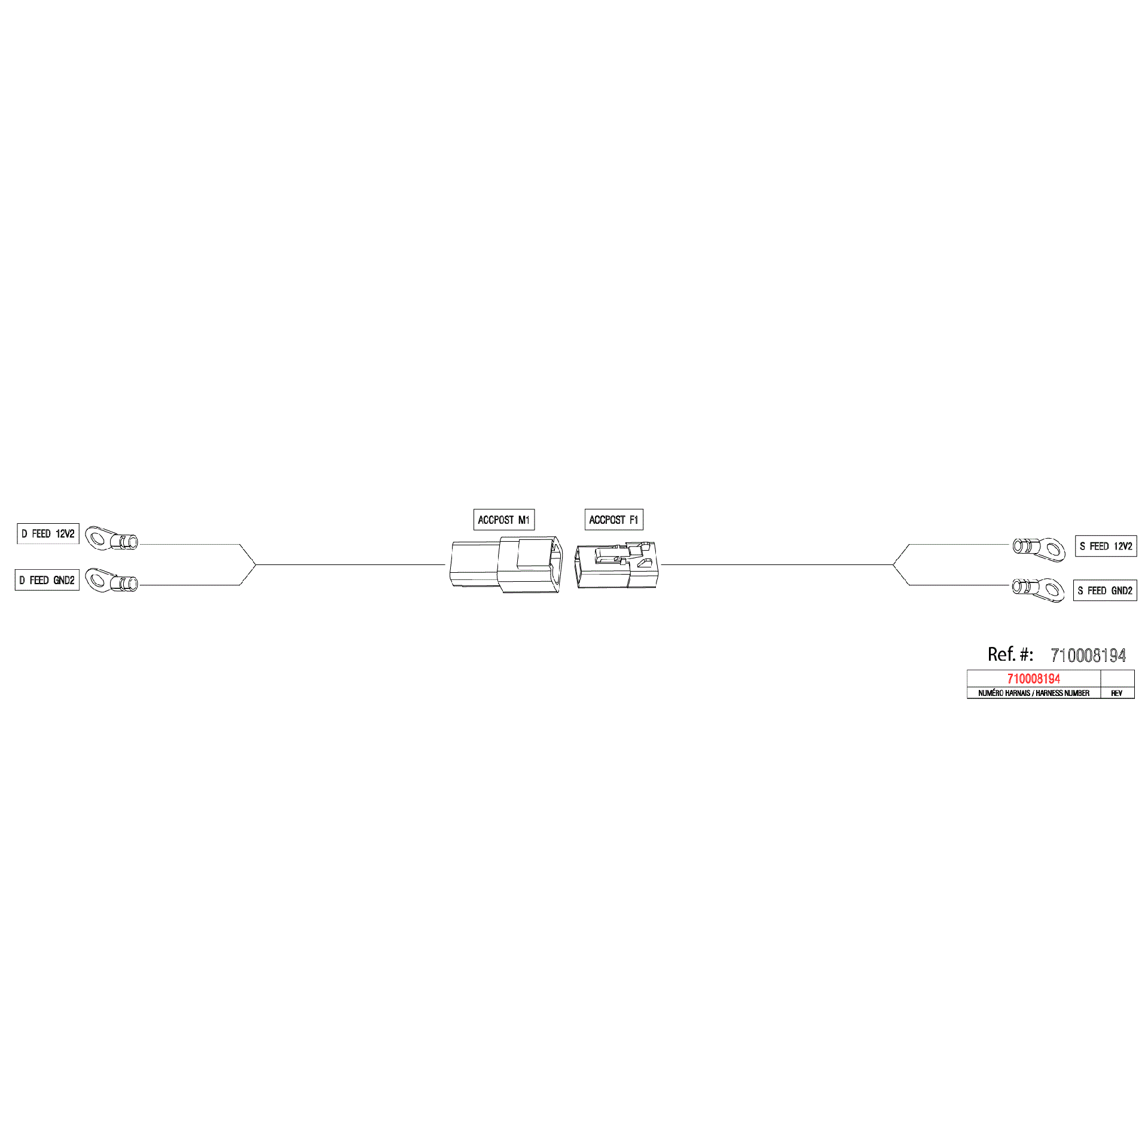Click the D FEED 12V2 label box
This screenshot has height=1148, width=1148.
(x=48, y=533)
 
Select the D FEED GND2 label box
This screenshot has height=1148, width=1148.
(x=47, y=580)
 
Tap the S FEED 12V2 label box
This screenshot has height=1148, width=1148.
(x=1106, y=546)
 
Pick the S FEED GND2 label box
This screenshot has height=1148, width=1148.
(x=1105, y=591)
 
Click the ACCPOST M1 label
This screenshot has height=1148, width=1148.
(x=503, y=520)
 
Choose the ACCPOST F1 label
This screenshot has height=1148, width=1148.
(x=613, y=520)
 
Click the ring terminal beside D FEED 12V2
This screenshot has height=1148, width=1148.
(x=111, y=539)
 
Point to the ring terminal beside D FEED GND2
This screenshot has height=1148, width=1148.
(x=111, y=580)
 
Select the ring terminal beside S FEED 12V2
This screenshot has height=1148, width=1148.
(x=1039, y=549)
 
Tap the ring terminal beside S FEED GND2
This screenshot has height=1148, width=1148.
(x=1038, y=589)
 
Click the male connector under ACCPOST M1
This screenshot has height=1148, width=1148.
(x=506, y=564)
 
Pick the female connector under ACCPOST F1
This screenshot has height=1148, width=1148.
(x=615, y=565)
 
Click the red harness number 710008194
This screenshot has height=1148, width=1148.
(x=1033, y=679)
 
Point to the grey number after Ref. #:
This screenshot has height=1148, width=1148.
(x=1088, y=655)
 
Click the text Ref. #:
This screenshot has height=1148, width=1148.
(x=1010, y=654)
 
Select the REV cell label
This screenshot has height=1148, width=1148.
(x=1116, y=694)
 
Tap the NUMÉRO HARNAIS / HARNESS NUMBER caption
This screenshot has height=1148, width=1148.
(x=1034, y=694)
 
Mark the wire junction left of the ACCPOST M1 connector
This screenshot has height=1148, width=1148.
(x=256, y=564)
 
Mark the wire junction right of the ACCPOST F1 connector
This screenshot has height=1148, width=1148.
(x=893, y=564)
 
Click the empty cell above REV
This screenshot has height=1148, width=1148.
(x=1118, y=679)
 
